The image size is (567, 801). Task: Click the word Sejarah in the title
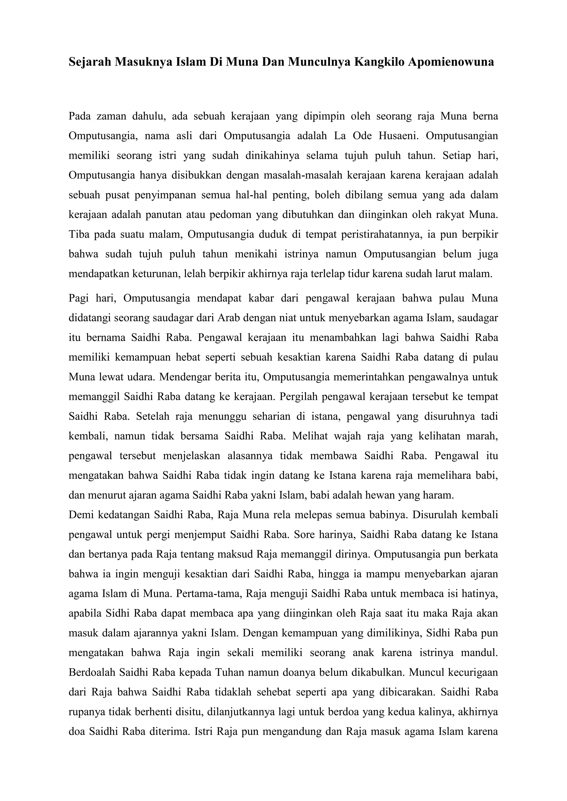tap(89, 62)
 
